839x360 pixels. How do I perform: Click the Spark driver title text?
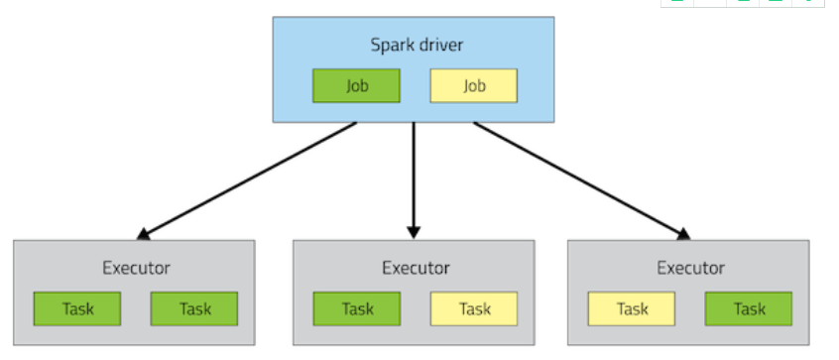click(x=414, y=46)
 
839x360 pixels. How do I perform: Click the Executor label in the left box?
click(x=136, y=268)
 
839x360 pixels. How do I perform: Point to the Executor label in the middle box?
click(x=416, y=268)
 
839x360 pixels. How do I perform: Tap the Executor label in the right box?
click(x=690, y=268)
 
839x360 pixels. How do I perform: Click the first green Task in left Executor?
click(x=77, y=309)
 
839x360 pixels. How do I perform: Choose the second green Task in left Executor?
click(x=194, y=309)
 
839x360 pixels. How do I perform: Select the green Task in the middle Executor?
click(x=357, y=309)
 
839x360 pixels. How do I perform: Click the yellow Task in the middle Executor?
click(x=474, y=309)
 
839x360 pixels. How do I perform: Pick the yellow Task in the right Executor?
click(x=632, y=309)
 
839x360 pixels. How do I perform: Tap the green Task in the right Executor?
click(x=749, y=309)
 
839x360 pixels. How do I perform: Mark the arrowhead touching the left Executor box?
click(x=145, y=233)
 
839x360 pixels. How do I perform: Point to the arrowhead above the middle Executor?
click(x=415, y=230)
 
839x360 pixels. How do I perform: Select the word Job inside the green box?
click(x=357, y=86)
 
